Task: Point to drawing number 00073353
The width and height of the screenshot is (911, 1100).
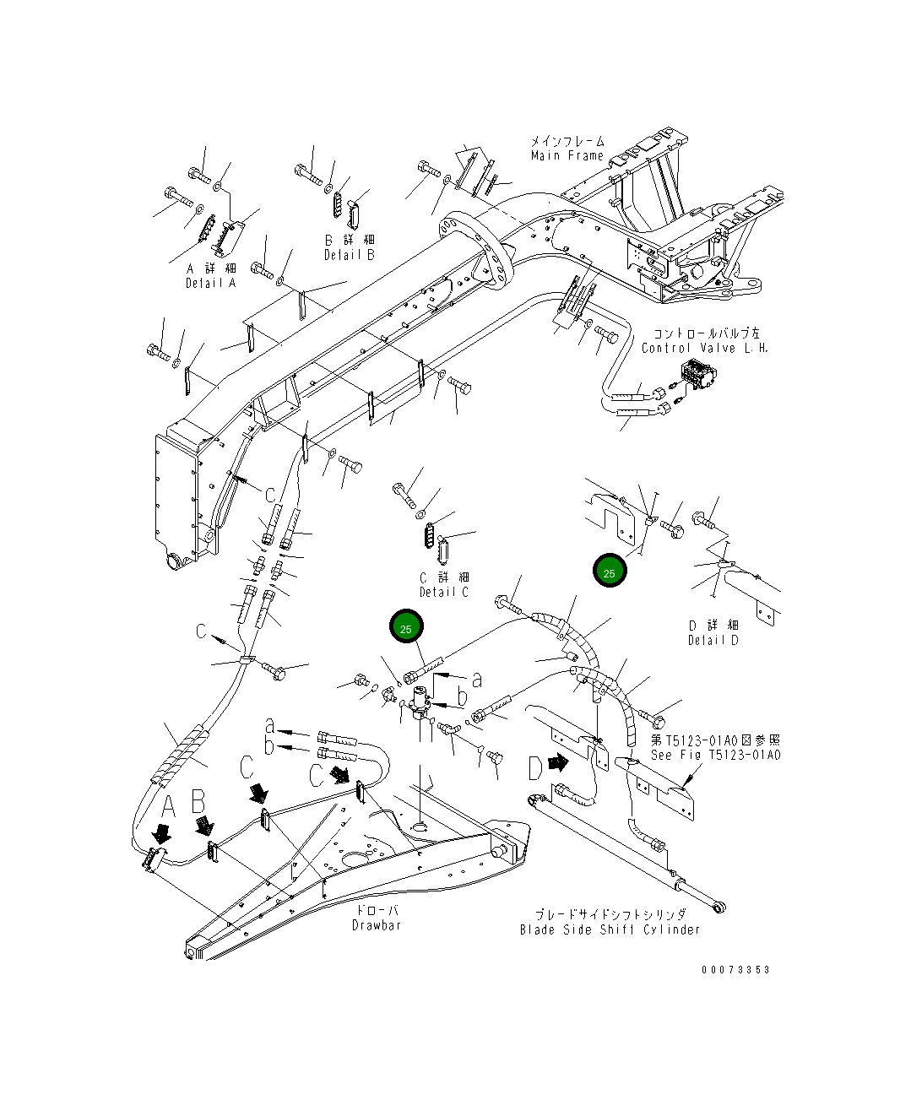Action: [x=735, y=970]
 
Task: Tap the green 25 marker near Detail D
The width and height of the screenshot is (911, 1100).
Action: [x=610, y=572]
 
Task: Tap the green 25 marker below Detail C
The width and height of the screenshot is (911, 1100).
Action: [x=405, y=628]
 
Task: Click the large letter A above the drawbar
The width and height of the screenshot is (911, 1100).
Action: [x=168, y=807]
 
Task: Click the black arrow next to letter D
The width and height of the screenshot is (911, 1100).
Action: [x=557, y=762]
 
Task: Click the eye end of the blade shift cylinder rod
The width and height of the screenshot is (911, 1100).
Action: [x=720, y=908]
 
